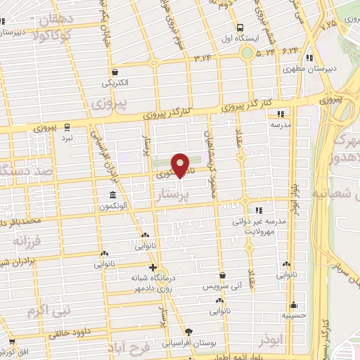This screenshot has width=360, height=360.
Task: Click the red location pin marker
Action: pyautogui.click(x=180, y=165)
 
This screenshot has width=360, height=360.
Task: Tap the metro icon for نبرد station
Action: pyautogui.click(x=67, y=127)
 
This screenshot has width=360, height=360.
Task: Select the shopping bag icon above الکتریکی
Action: pyautogui.click(x=115, y=72)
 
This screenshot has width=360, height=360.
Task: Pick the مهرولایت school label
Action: pyautogui.click(x=262, y=229)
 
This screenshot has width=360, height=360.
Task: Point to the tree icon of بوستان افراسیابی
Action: pyautogui.click(x=188, y=331)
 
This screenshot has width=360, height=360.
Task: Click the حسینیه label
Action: pyautogui.click(x=294, y=316)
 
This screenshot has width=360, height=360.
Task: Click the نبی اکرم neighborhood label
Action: pyautogui.click(x=45, y=309)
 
